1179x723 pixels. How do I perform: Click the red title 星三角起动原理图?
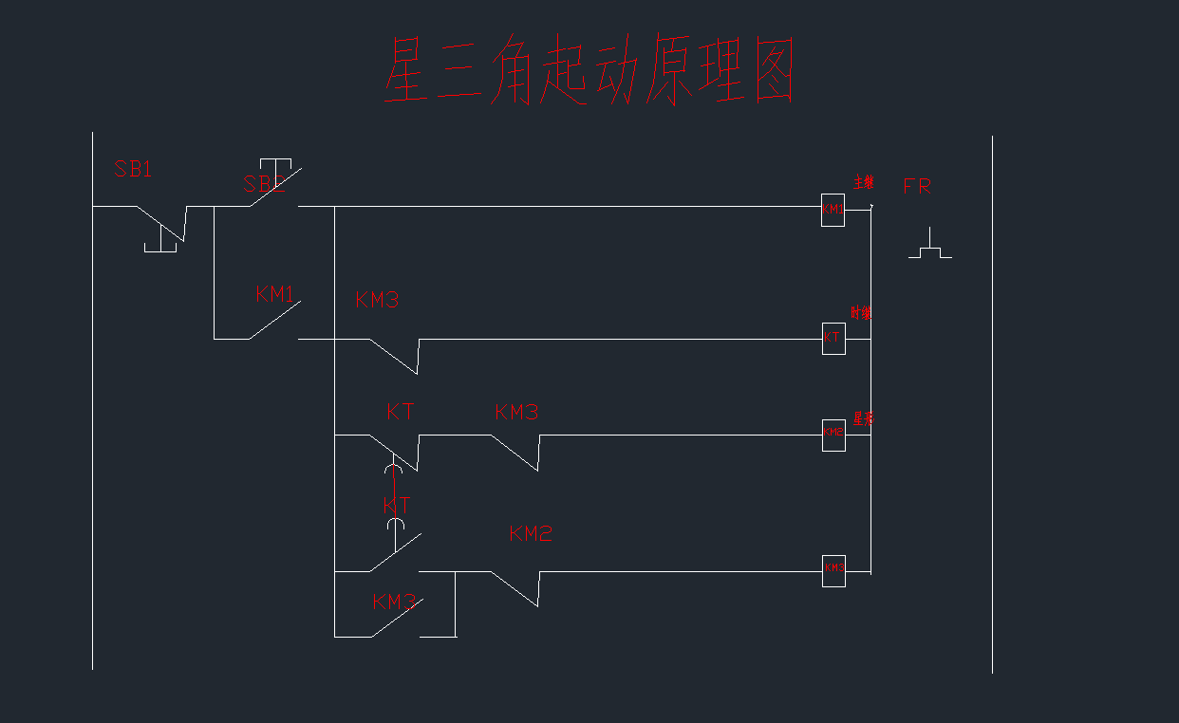click(x=589, y=71)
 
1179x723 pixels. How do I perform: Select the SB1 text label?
click(x=133, y=170)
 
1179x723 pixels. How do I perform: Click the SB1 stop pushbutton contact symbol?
click(x=162, y=228)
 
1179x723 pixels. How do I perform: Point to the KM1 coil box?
click(x=833, y=210)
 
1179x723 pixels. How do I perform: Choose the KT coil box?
click(x=833, y=338)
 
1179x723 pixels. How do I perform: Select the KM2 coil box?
click(x=833, y=435)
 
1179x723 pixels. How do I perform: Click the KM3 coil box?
click(x=833, y=570)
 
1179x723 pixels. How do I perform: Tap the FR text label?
click(x=917, y=187)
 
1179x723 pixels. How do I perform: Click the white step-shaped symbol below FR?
click(x=930, y=245)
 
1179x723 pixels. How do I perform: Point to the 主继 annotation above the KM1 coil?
click(x=863, y=182)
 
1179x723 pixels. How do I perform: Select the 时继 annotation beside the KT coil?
click(x=861, y=312)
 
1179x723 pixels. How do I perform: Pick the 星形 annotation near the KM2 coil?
click(x=863, y=417)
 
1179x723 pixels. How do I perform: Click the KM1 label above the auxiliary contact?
click(x=275, y=294)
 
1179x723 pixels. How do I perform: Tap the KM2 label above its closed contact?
click(x=531, y=533)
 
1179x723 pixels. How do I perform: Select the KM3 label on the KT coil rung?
click(x=377, y=300)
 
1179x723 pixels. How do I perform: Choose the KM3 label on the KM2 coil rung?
click(x=516, y=412)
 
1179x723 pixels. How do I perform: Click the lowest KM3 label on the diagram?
click(x=394, y=602)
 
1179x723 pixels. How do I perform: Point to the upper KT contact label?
click(x=401, y=412)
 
